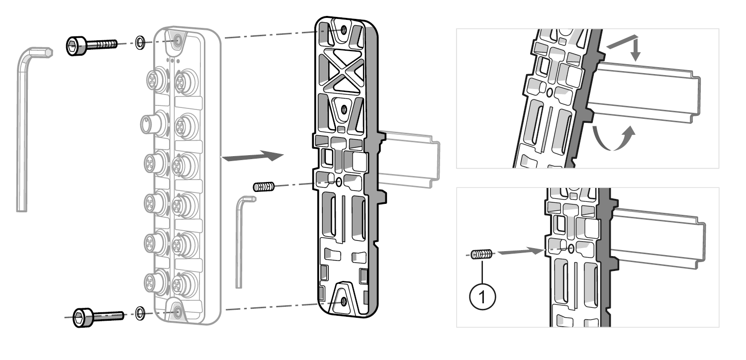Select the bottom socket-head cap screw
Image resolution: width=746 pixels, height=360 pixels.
pyautogui.click(x=98, y=317)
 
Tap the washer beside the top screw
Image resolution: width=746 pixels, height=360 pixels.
pyautogui.click(x=140, y=42)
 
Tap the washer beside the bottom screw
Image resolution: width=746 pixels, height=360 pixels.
pyautogui.click(x=140, y=313)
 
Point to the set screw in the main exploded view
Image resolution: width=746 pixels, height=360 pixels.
pyautogui.click(x=264, y=186)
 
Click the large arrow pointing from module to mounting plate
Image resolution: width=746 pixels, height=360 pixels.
pyautogui.click(x=253, y=156)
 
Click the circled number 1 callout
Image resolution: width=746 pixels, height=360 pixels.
pyautogui.click(x=482, y=297)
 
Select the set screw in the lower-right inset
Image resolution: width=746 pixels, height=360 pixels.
pyautogui.click(x=481, y=255)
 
